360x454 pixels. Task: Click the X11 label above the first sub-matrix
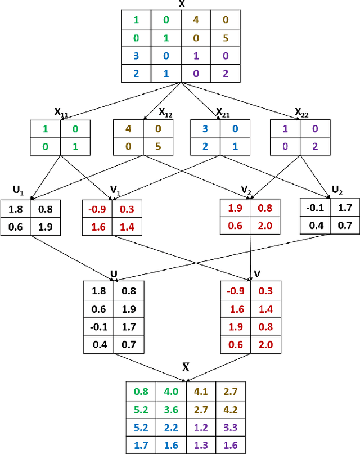coord(60,113)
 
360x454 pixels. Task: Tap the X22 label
coord(302,113)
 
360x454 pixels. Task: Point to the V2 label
coord(245,191)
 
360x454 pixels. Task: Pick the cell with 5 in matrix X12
coord(158,148)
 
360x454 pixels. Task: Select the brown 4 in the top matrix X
coord(195,20)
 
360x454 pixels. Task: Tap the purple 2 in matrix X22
coord(315,148)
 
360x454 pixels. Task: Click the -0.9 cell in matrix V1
coord(97,209)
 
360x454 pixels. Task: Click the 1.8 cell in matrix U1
coord(16,209)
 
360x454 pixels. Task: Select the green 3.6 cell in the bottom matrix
coord(170,411)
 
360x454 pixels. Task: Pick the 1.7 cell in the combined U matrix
coord(129,327)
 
